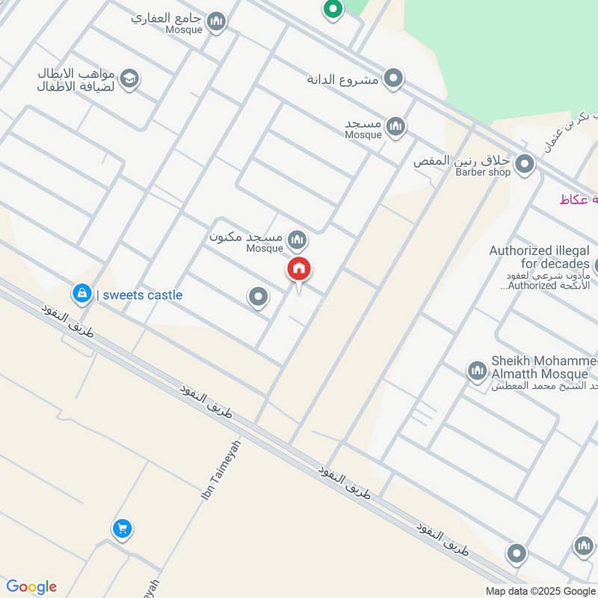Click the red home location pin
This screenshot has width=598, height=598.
tap(300, 270)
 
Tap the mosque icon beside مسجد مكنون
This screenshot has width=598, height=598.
tap(298, 240)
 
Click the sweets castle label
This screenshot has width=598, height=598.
tap(140, 295)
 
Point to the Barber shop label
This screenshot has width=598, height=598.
tap(483, 173)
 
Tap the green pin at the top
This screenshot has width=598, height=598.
tap(333, 9)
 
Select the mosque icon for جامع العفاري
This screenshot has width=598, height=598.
tap(217, 22)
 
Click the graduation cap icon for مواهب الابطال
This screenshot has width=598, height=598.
tap(129, 79)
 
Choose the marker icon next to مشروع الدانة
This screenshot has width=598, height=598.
tap(393, 78)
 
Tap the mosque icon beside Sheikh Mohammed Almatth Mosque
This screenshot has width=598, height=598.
tap(477, 370)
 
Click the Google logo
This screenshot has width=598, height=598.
tap(31, 587)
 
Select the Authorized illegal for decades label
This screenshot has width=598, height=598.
tap(540, 257)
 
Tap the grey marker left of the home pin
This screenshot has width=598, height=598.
tap(258, 298)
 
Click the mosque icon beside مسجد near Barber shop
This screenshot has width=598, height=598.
tap(396, 126)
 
